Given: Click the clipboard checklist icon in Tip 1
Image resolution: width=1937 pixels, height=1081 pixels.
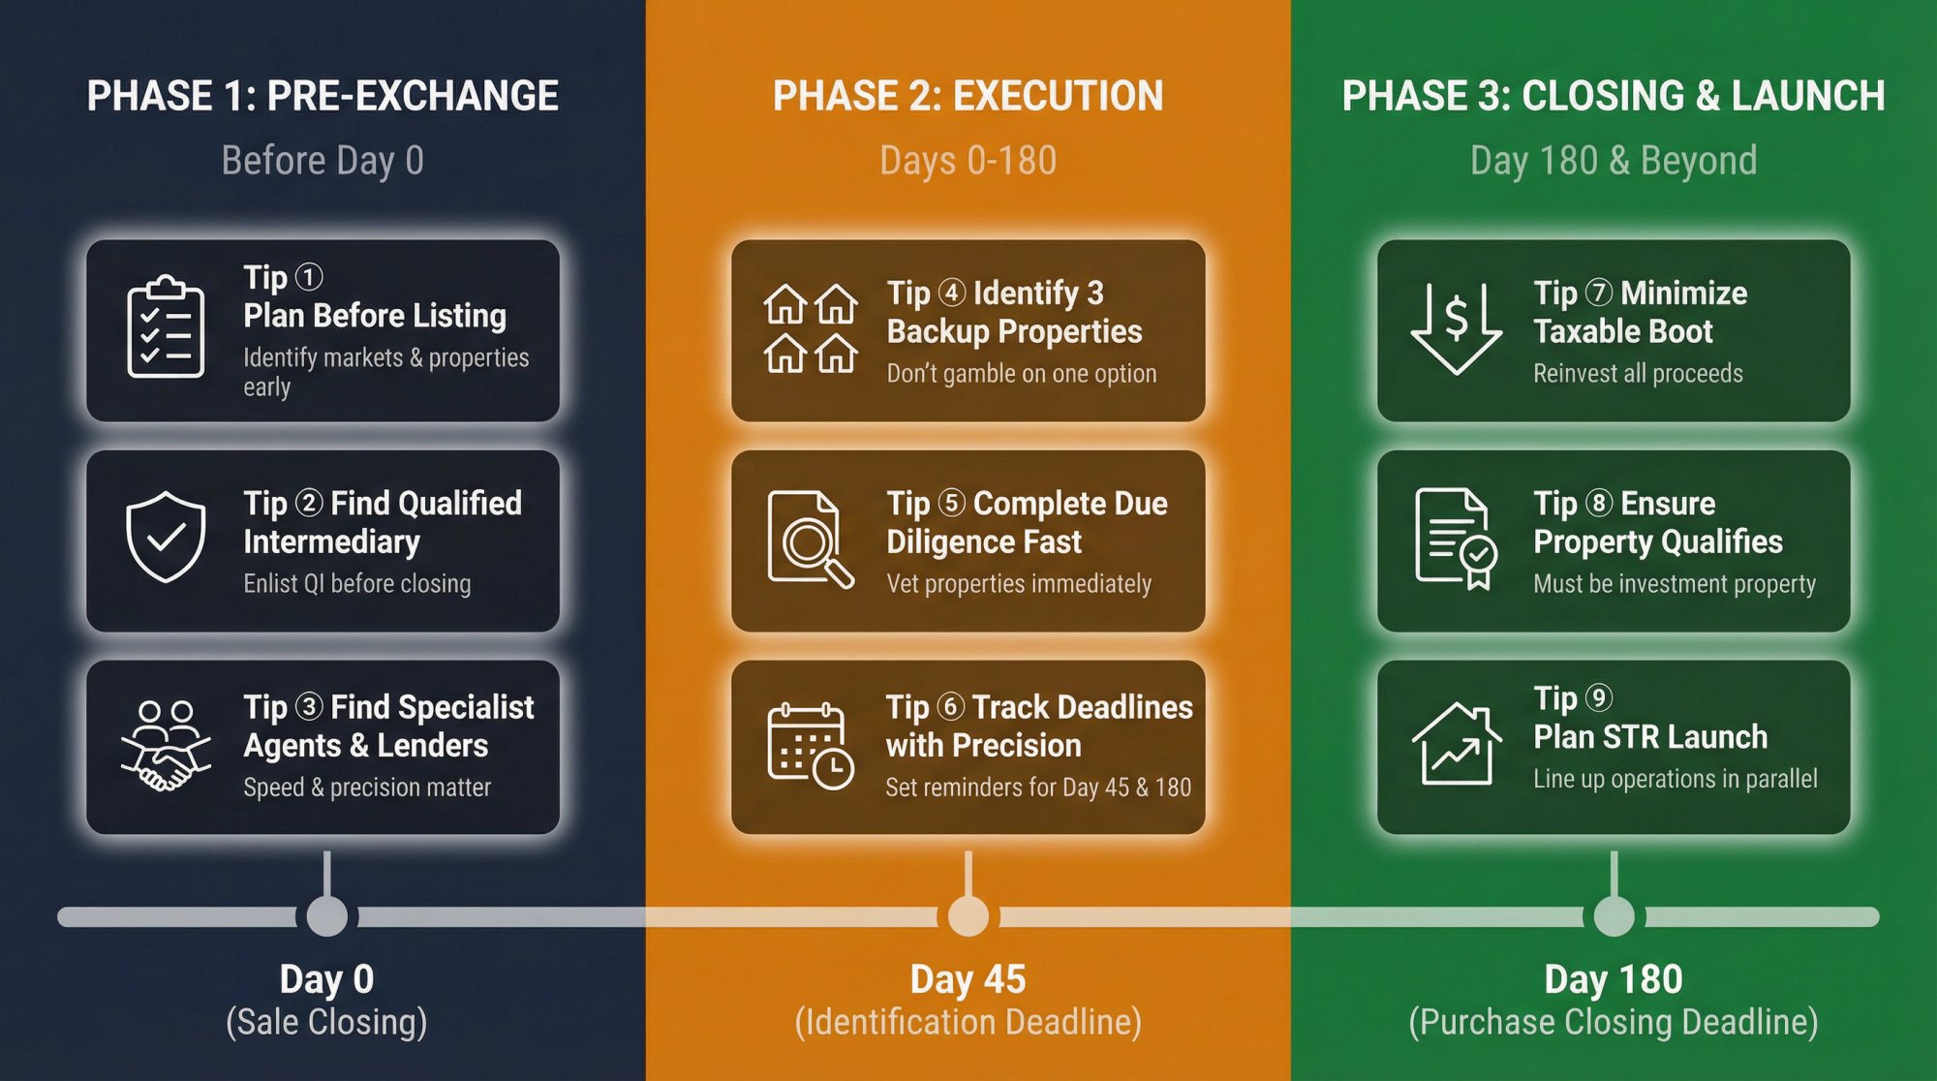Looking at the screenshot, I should pyautogui.click(x=166, y=327).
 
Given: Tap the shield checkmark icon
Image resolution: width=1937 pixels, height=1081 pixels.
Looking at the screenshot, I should pyautogui.click(x=166, y=537).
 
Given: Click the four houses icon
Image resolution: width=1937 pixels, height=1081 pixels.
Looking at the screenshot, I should pyautogui.click(x=811, y=329).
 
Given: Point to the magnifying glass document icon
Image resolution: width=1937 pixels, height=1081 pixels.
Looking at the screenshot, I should pyautogui.click(x=810, y=539).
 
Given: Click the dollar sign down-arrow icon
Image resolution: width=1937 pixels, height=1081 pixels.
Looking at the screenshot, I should pyautogui.click(x=1456, y=327).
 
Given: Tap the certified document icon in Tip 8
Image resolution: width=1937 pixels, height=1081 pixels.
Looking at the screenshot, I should pyautogui.click(x=1456, y=539).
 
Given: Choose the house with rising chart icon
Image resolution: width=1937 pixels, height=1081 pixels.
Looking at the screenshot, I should pyautogui.click(x=1456, y=744).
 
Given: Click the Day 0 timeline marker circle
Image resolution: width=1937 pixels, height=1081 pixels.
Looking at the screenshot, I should pyautogui.click(x=327, y=915).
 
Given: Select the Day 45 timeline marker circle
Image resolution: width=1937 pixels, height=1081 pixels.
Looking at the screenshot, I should pyautogui.click(x=968, y=915).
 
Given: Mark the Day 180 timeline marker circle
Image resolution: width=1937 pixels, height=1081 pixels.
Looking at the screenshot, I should pyautogui.click(x=1614, y=915).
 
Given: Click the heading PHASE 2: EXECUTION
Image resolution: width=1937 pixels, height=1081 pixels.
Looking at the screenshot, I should pyautogui.click(x=968, y=96).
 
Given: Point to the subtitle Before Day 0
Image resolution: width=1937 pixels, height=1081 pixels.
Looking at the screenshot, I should pyautogui.click(x=323, y=161).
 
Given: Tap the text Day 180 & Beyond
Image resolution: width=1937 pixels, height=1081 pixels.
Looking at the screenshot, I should pyautogui.click(x=1614, y=161).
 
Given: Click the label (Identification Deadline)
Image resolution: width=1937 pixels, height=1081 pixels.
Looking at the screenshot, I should pyautogui.click(x=968, y=1022).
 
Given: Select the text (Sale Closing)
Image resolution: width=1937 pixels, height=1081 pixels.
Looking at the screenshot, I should pyautogui.click(x=326, y=1022).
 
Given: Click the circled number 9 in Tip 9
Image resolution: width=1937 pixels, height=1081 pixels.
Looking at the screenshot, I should pyautogui.click(x=1598, y=697).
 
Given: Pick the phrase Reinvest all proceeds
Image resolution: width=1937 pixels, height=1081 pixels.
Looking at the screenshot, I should pyautogui.click(x=1638, y=374).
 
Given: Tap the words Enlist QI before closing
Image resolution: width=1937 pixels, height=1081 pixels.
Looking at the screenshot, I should pyautogui.click(x=357, y=584).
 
